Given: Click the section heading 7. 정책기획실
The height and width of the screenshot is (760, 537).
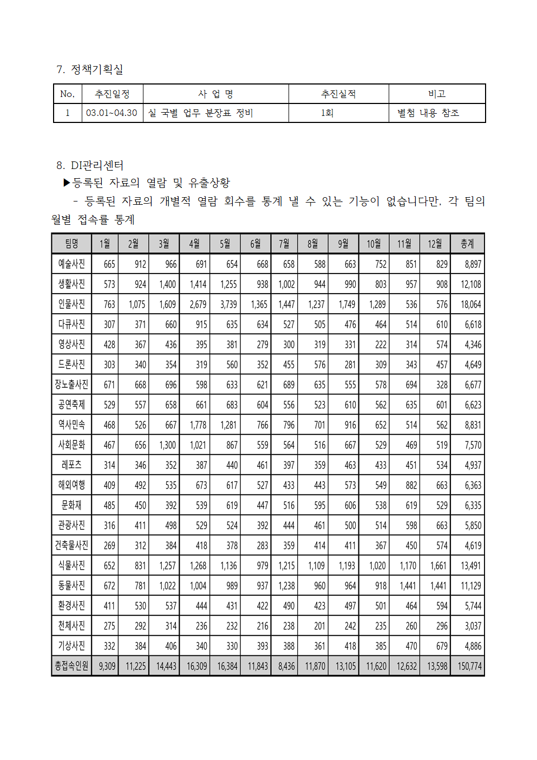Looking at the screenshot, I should (x=90, y=69).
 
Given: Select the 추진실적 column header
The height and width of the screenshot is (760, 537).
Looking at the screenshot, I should (x=338, y=94).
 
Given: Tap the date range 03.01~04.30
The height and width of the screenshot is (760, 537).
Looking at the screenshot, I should (x=112, y=113).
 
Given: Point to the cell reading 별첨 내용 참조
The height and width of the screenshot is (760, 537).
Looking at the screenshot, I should (x=428, y=113).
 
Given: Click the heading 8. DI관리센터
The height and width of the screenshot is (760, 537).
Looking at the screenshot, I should (x=90, y=165).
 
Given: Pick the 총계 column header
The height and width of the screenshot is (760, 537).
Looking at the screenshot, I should (x=467, y=244).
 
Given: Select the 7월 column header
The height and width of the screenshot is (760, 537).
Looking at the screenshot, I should (x=284, y=244).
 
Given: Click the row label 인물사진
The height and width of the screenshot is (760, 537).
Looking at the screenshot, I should (x=71, y=304).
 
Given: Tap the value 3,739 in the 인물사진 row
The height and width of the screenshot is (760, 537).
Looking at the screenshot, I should (x=228, y=304).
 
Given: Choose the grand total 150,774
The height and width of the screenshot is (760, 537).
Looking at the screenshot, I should (x=469, y=666).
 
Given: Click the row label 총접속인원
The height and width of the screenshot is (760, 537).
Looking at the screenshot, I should (x=71, y=666).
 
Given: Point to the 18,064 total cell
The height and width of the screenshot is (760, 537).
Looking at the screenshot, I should (x=470, y=304).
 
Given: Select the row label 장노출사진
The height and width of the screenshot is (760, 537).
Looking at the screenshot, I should (x=71, y=385).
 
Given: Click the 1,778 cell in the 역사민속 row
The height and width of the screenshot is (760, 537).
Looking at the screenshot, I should (x=198, y=425).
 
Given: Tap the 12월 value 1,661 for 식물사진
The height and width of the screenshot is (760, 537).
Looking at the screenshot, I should (x=438, y=566).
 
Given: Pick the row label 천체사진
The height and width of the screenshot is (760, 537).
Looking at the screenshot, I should (x=71, y=626).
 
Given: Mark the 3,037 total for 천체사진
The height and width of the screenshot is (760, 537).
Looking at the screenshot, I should (x=473, y=626).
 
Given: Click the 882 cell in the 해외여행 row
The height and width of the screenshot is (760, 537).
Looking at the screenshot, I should (x=411, y=485).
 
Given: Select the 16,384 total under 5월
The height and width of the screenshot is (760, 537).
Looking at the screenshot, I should (x=227, y=666).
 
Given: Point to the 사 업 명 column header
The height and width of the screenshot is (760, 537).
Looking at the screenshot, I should (x=215, y=94).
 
